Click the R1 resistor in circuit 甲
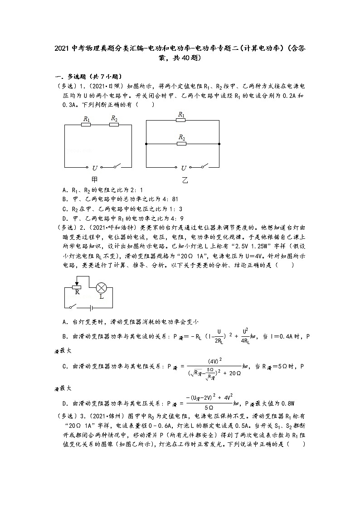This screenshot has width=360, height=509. (86, 124)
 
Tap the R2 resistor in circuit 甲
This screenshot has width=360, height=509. (114, 124)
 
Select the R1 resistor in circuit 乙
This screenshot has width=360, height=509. (181, 121)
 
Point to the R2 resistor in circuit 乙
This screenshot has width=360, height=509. (181, 144)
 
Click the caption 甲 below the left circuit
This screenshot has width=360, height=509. (95, 179)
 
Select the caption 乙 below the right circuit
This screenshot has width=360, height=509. (184, 180)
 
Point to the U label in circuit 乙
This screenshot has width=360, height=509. (183, 168)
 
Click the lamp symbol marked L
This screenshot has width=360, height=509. (101, 287)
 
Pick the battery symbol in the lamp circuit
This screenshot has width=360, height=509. (92, 307)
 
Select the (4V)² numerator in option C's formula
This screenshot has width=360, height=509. (214, 361)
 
